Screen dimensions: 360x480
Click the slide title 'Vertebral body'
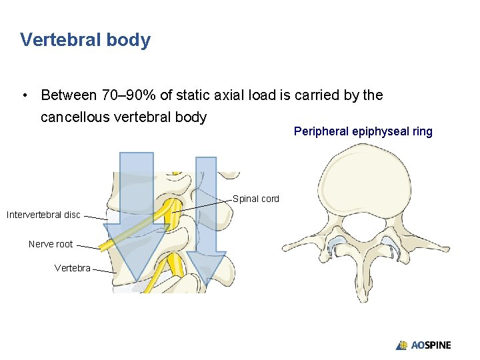[x=85, y=40]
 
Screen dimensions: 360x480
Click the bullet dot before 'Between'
[x=24, y=95]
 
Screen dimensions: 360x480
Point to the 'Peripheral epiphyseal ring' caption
[x=363, y=131]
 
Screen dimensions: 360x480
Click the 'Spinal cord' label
[x=256, y=199]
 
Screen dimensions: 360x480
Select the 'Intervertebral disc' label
[x=43, y=215]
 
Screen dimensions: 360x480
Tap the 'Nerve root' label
[x=51, y=244]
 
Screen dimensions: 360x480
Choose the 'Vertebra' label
[x=72, y=268]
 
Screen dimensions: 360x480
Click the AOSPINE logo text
[x=431, y=345]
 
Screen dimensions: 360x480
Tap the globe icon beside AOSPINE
[x=402, y=345]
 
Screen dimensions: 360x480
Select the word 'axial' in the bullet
[x=227, y=95]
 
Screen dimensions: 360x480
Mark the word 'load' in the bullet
[x=259, y=95]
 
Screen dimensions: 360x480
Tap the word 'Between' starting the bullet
[x=67, y=95]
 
